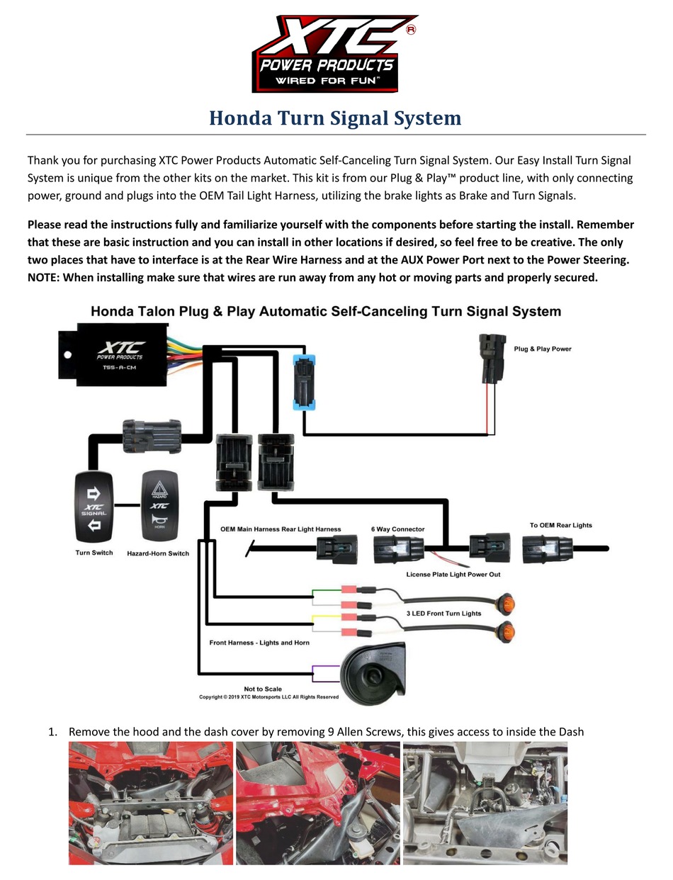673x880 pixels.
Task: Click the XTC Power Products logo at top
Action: click(x=334, y=54)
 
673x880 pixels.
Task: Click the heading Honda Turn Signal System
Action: click(x=335, y=118)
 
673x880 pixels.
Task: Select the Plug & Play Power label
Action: click(x=543, y=349)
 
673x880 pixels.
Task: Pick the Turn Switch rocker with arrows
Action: click(x=94, y=507)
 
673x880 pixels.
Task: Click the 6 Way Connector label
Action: click(x=398, y=529)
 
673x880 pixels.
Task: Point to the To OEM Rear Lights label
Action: click(x=561, y=525)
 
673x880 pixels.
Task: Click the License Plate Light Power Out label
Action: click(x=453, y=574)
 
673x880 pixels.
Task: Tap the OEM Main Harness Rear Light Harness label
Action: click(x=281, y=529)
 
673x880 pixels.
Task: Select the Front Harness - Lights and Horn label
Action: click(x=259, y=643)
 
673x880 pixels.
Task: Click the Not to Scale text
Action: click(x=263, y=689)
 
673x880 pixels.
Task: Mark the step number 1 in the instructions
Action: click(x=52, y=731)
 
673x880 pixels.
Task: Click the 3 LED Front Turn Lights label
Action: click(x=443, y=614)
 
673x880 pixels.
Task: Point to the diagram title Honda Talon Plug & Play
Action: click(x=326, y=311)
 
